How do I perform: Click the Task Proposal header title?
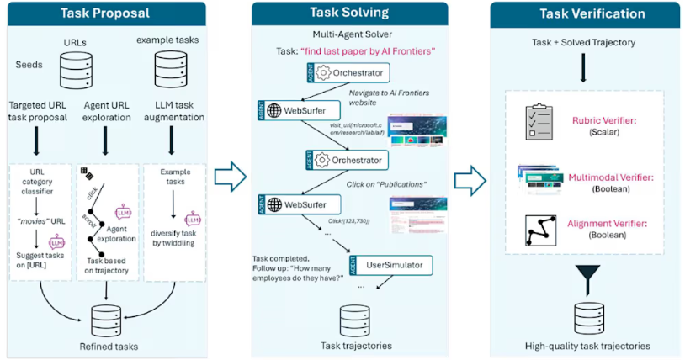[105, 13]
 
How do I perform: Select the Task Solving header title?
[349, 13]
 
